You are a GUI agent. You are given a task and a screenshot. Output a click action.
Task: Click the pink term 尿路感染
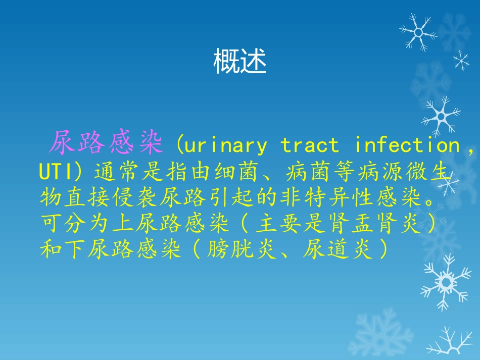106,145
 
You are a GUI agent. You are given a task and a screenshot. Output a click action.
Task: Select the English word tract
310,146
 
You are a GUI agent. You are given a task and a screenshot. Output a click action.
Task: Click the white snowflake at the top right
418,32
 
